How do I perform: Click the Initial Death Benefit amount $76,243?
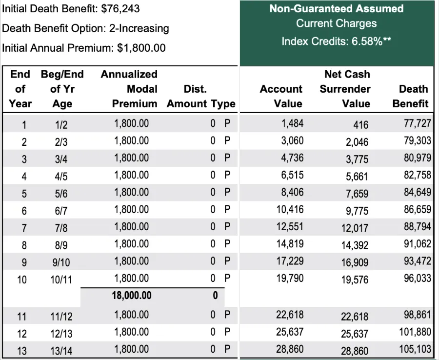(x=117, y=9)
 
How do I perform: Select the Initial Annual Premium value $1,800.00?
(x=141, y=48)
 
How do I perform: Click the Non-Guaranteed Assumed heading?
(x=337, y=9)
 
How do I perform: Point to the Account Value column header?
(x=281, y=96)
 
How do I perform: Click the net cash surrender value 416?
(x=360, y=125)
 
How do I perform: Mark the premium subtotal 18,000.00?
(x=132, y=296)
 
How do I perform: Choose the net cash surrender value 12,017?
(x=355, y=228)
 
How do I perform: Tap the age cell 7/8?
(x=61, y=228)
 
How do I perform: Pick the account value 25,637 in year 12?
(x=289, y=332)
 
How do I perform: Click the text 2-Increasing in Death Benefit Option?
(x=139, y=28)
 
